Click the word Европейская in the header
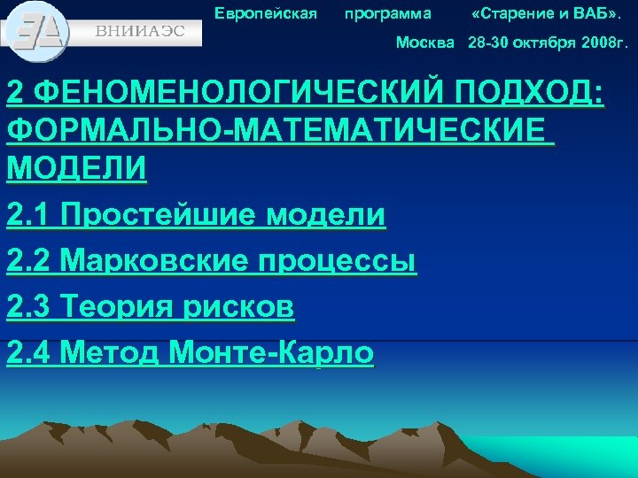[266, 13]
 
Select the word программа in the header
[388, 13]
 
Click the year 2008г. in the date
[598, 42]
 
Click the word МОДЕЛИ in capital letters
[76, 168]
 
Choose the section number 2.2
[29, 261]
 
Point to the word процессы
[337, 261]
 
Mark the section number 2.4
[29, 353]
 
